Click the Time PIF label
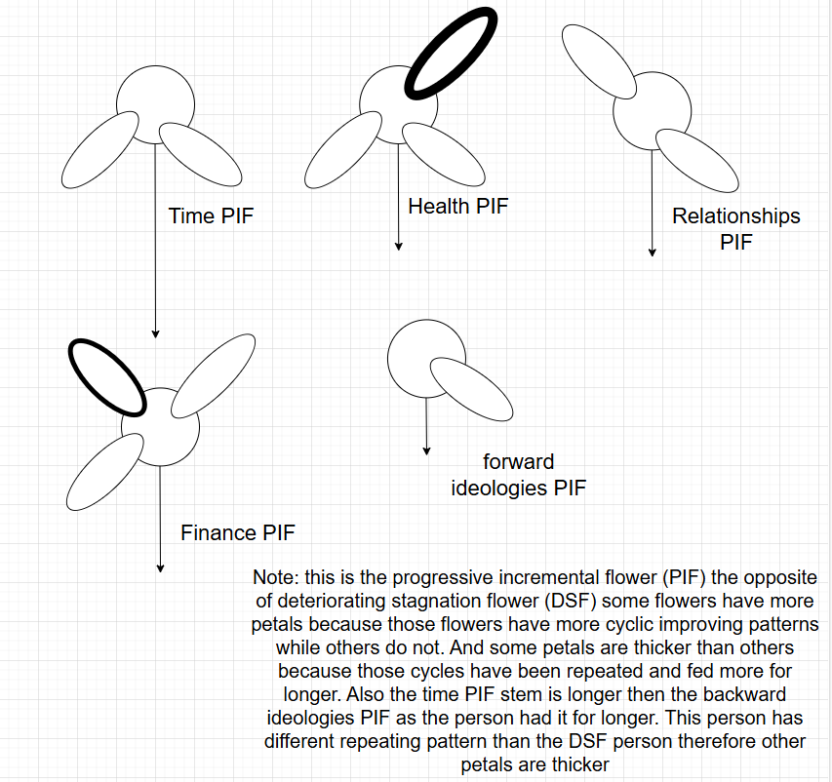[211, 215]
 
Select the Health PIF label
[457, 206]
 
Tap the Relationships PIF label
[735, 228]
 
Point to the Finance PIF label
[237, 532]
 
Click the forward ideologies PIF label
[519, 474]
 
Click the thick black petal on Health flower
[449, 56]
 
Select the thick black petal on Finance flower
[106, 376]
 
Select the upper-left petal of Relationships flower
[602, 60]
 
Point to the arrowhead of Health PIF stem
[398, 246]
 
